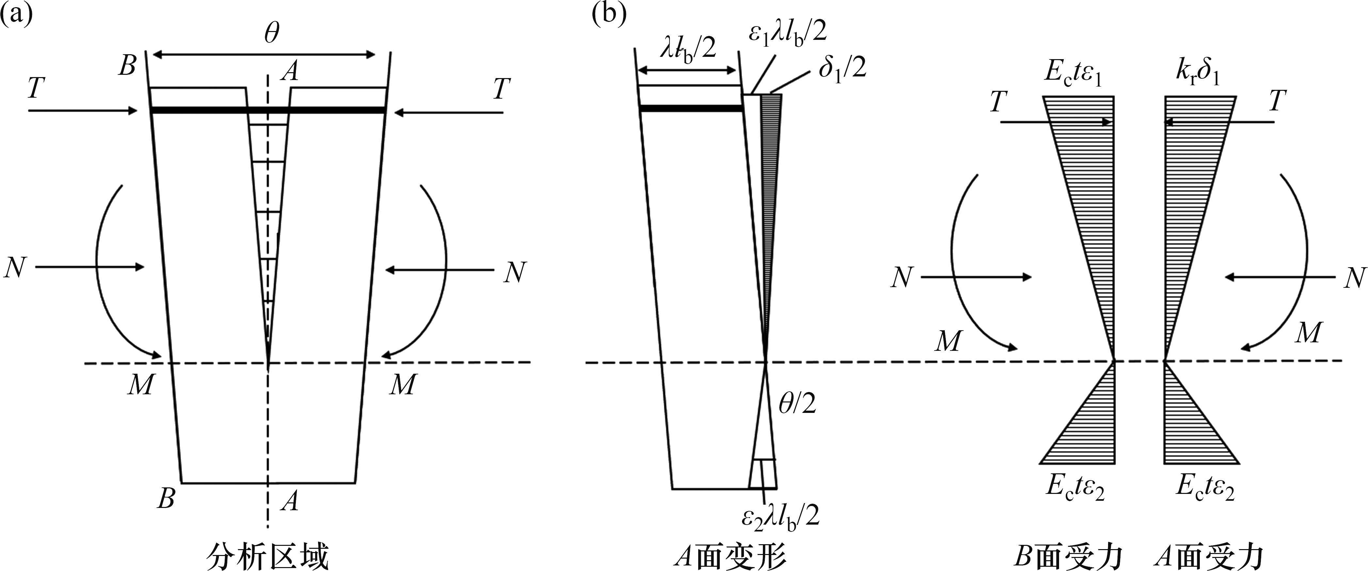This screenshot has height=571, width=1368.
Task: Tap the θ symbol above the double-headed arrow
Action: (271, 35)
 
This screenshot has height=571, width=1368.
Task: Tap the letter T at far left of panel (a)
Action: (35, 89)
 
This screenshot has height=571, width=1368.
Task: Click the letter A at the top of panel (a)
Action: (290, 71)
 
